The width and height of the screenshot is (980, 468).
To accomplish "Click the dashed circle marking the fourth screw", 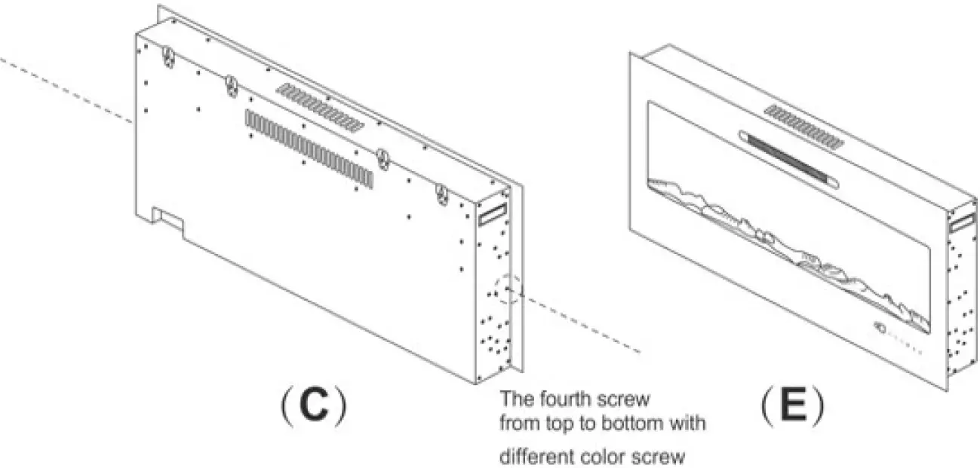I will [505, 289].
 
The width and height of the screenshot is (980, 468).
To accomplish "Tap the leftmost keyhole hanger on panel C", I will [169, 57].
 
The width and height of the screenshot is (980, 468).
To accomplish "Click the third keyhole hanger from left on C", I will [383, 158].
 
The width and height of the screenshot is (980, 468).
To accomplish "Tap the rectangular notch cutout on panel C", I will [168, 219].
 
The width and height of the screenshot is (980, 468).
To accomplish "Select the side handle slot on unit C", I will [494, 213].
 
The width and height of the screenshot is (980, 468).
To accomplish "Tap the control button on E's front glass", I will [880, 327].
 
